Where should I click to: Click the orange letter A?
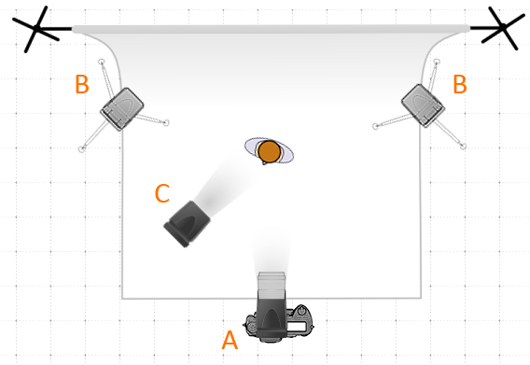pyautogui.click(x=230, y=340)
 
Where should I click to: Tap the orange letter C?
pyautogui.click(x=162, y=193)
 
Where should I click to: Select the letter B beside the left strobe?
pyautogui.click(x=82, y=84)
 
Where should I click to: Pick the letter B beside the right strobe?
pyautogui.click(x=460, y=84)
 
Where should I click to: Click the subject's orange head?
pyautogui.click(x=269, y=151)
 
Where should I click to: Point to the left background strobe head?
pyautogui.click(x=122, y=109)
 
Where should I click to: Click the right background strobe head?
pyautogui.click(x=423, y=105)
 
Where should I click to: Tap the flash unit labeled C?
pyautogui.click(x=187, y=224)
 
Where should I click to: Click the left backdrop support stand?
pyautogui.click(x=36, y=29)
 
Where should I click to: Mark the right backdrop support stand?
pyautogui.click(x=503, y=27)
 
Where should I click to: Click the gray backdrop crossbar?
pyautogui.click(x=272, y=29)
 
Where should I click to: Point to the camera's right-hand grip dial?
pyautogui.click(x=302, y=311)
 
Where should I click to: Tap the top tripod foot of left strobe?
pyautogui.click(x=101, y=62)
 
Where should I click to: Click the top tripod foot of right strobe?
pyautogui.click(x=437, y=62)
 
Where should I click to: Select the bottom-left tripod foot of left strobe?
pyautogui.click(x=81, y=149)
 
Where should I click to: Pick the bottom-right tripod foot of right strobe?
pyautogui.click(x=464, y=147)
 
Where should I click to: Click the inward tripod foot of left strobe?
pyautogui.click(x=166, y=123)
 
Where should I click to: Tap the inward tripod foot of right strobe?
pyautogui.click(x=375, y=126)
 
